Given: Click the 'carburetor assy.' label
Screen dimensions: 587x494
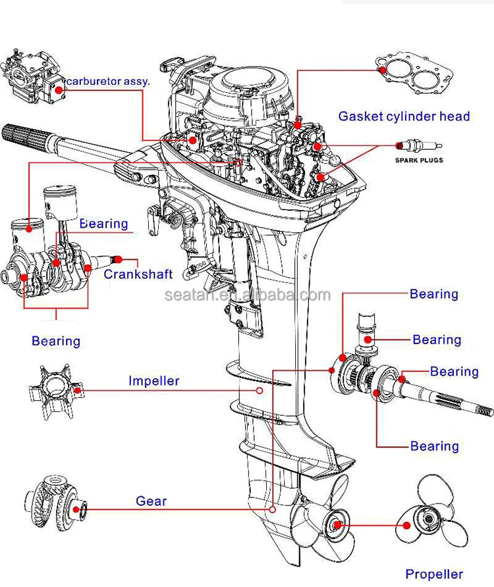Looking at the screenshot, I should [x=108, y=82].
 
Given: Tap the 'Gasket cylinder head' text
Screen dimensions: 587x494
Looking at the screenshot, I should [x=404, y=116].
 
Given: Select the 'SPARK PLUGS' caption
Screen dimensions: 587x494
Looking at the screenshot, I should [x=419, y=160].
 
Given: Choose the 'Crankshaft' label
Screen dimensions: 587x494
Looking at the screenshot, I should [x=138, y=274].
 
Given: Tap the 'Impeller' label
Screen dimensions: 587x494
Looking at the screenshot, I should [x=153, y=380].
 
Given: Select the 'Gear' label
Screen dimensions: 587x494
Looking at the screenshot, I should [x=151, y=501].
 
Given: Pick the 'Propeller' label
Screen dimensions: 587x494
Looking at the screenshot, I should [x=433, y=574].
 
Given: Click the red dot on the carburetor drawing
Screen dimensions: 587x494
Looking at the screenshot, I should [x=59, y=88].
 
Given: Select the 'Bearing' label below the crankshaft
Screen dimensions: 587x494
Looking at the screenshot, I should [x=56, y=341].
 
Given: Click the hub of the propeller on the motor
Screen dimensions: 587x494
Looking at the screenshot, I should [x=336, y=524].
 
